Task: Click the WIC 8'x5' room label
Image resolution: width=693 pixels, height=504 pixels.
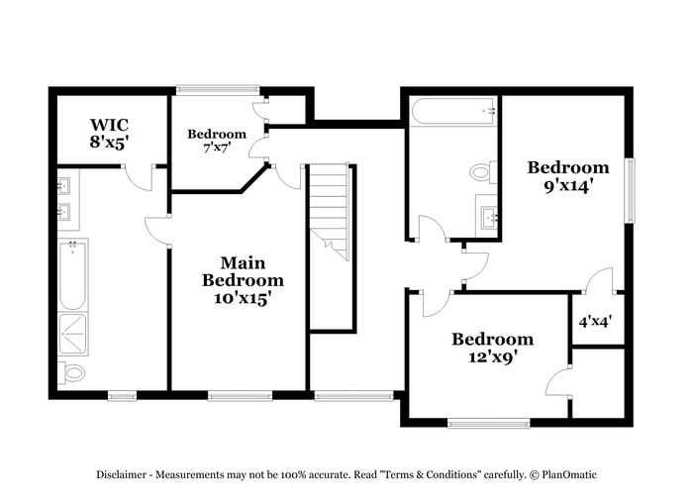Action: coord(110,134)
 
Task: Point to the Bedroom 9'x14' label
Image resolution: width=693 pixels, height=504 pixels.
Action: coord(567,176)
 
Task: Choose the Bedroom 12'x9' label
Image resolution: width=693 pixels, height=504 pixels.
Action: coord(492,348)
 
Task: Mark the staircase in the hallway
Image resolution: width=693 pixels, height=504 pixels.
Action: coord(330,213)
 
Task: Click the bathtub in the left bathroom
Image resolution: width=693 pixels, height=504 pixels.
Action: coord(72,275)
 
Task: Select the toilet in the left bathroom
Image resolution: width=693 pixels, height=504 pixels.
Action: coord(72,372)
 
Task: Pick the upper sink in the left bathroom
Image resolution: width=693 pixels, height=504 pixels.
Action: coord(63,185)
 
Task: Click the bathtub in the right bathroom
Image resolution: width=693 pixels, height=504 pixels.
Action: coord(452,111)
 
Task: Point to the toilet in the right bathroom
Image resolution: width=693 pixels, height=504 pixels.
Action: coord(481,172)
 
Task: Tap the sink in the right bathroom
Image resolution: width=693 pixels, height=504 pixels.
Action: coord(487,215)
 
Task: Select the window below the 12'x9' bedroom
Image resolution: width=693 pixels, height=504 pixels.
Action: coord(488,423)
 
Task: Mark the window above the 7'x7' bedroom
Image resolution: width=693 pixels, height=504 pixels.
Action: coord(218,90)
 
